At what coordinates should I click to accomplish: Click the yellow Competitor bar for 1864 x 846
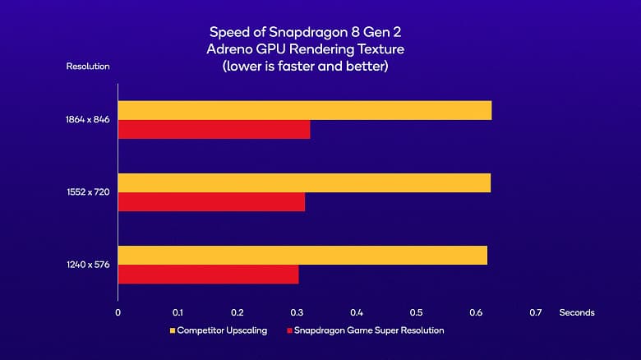(x=305, y=110)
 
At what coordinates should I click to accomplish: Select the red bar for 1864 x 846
(x=214, y=129)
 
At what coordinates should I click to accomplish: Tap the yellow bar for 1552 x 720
(x=304, y=182)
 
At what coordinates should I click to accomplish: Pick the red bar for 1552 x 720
(x=211, y=201)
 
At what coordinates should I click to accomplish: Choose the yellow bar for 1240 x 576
(x=302, y=255)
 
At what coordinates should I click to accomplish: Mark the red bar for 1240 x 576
(x=209, y=274)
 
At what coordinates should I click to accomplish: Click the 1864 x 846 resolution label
(x=88, y=120)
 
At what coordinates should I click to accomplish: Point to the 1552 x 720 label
(x=89, y=192)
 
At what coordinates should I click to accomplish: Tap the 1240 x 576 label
(x=89, y=265)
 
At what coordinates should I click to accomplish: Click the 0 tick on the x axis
(x=118, y=312)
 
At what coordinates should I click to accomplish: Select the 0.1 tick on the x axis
(x=178, y=312)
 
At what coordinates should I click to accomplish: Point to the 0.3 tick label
(x=297, y=312)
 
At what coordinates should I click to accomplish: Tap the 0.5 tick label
(x=417, y=312)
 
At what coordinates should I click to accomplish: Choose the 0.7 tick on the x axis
(x=536, y=312)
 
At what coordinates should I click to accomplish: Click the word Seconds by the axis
(x=576, y=312)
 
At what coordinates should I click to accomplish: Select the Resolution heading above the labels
(x=87, y=66)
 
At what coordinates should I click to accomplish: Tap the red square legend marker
(x=290, y=330)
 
